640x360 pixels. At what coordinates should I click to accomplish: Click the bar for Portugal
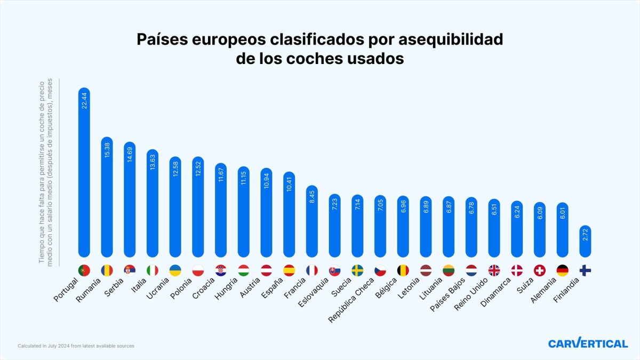click(84, 173)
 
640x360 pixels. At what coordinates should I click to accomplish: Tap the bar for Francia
click(312, 221)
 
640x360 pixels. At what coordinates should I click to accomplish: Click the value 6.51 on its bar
click(494, 212)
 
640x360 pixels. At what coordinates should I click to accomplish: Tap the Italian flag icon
click(153, 270)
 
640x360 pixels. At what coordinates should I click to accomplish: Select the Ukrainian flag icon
click(175, 270)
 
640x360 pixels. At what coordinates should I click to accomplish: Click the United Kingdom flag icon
click(494, 270)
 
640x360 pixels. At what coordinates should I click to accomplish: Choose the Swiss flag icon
click(540, 270)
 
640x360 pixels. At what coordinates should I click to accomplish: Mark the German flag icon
click(563, 270)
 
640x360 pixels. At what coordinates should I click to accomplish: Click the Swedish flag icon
click(357, 270)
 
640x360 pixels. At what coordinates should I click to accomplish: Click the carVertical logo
click(588, 343)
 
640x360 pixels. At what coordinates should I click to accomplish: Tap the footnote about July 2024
click(76, 346)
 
